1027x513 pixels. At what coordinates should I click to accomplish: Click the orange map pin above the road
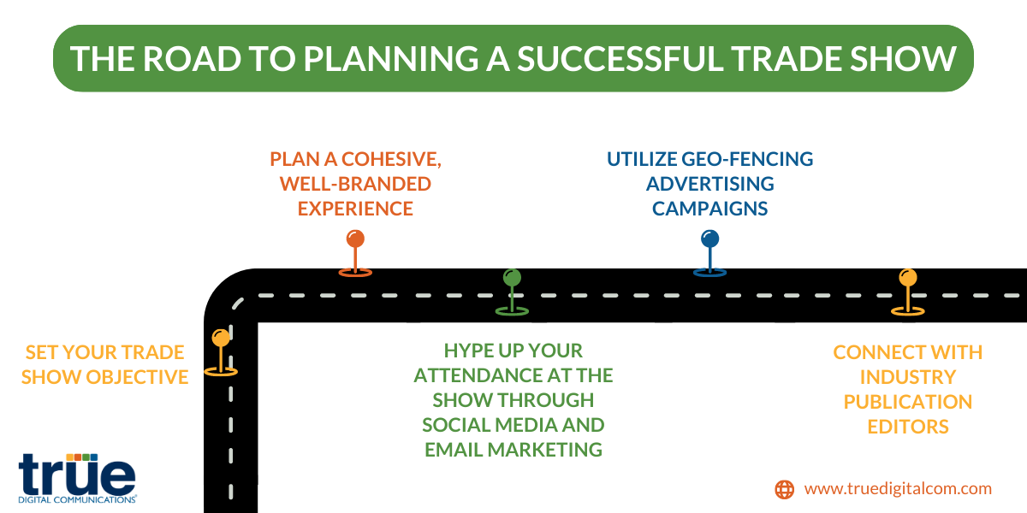coord(355,253)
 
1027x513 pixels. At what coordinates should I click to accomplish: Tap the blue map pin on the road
coord(709,253)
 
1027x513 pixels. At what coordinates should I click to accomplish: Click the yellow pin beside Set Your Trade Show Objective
coord(221,352)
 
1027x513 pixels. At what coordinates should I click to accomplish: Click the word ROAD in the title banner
coord(192,59)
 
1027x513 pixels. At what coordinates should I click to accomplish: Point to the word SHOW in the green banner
coord(903,59)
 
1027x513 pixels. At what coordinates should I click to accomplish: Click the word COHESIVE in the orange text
coord(391,159)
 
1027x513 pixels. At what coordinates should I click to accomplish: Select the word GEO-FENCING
coord(747,159)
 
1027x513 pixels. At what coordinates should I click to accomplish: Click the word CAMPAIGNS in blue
coord(709,209)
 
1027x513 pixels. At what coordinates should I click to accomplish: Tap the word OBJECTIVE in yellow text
coord(137,377)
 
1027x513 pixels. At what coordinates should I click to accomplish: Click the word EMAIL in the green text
coord(454,450)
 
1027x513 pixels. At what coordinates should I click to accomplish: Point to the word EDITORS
coord(908,427)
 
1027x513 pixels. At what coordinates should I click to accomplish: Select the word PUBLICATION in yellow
coord(908,402)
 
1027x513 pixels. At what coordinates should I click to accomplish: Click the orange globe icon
coord(785,489)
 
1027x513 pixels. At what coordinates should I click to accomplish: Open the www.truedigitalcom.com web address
coord(898,489)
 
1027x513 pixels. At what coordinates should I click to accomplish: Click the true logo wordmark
coord(77,476)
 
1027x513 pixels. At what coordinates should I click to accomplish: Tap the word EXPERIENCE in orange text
coord(355,209)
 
